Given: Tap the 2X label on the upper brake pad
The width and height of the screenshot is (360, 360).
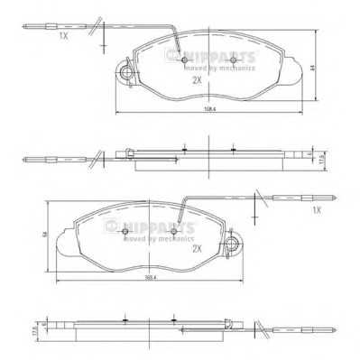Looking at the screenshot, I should point(196,80).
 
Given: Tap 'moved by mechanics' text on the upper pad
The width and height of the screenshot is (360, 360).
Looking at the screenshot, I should point(221,65).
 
